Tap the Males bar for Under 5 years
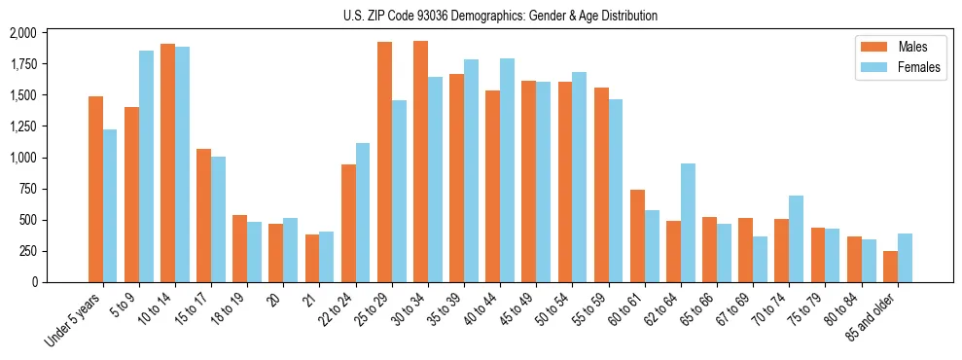click(95, 190)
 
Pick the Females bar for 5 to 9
click(146, 166)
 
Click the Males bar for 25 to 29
click(384, 162)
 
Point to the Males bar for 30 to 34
click(420, 162)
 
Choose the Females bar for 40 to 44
click(507, 170)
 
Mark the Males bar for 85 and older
click(890, 267)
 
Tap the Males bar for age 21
click(312, 258)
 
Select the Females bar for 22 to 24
click(363, 213)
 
